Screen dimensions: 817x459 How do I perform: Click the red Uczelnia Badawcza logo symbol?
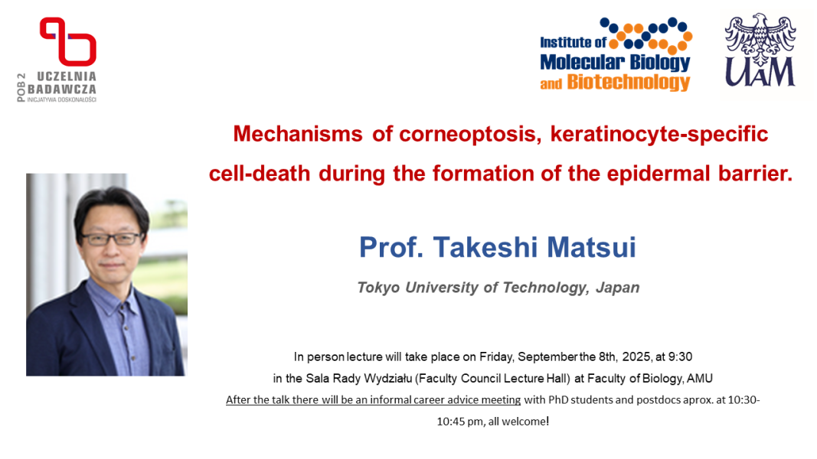point(68,41)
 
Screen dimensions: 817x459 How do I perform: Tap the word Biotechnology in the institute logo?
point(629,82)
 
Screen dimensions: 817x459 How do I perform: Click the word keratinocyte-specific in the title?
point(659,135)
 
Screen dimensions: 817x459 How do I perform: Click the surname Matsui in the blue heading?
point(591,247)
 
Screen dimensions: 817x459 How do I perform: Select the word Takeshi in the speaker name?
point(485,247)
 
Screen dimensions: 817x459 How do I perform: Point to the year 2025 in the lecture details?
point(636,357)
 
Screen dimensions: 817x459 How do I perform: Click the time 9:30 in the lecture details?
point(680,357)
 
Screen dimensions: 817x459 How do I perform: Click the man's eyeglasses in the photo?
point(112,239)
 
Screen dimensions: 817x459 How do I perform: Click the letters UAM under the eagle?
point(760,72)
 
